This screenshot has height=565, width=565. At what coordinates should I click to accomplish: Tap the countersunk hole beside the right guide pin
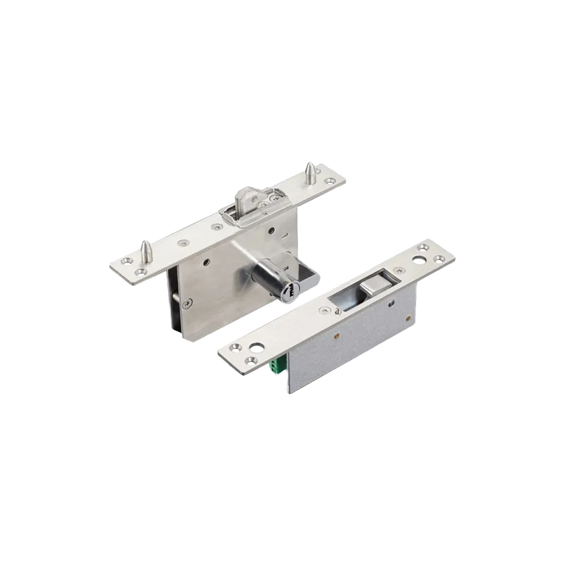pyautogui.click(x=331, y=182)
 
